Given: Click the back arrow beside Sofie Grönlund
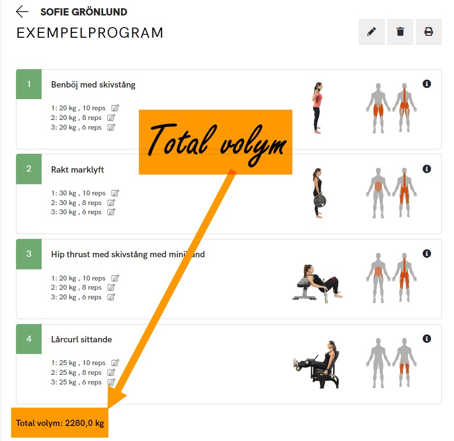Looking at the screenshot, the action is (x=22, y=12).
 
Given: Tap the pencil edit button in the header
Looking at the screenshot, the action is (x=372, y=32).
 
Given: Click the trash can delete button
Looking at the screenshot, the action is (x=400, y=32).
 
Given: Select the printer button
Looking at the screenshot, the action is (x=428, y=32).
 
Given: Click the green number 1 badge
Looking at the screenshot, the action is (x=29, y=84).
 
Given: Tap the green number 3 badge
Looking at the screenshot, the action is (x=29, y=254).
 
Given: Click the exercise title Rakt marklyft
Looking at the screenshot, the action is (x=77, y=170).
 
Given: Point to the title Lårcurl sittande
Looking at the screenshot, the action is (x=81, y=339).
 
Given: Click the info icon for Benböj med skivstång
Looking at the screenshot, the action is (x=427, y=84).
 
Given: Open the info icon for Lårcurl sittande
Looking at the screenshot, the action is (x=427, y=338).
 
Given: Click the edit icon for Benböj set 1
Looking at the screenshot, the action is (x=115, y=108).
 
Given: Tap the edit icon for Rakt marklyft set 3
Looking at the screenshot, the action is (x=111, y=212).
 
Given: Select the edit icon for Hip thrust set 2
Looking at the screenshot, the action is (x=111, y=287).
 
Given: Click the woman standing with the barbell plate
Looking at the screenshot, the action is (x=318, y=193).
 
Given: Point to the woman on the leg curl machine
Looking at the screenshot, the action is (x=316, y=365).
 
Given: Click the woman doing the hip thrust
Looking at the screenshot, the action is (x=318, y=283).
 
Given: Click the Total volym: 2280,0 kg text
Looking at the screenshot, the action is (x=60, y=423).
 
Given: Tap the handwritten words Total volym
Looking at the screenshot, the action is (x=217, y=143).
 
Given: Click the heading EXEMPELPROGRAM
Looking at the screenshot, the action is (x=90, y=33).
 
